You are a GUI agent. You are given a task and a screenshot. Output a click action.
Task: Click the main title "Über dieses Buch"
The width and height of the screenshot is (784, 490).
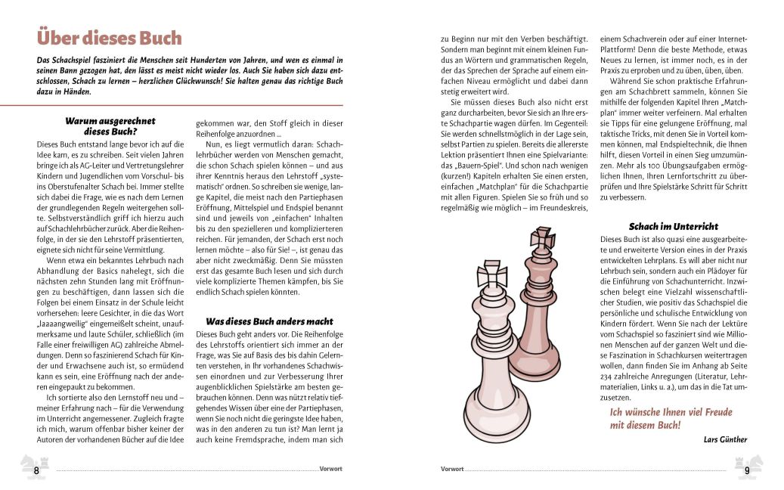(x=109, y=38)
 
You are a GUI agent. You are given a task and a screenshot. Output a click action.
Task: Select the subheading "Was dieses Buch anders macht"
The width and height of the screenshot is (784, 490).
(x=259, y=321)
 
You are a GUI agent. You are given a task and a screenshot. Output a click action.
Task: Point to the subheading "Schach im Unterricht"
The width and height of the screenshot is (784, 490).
(x=673, y=226)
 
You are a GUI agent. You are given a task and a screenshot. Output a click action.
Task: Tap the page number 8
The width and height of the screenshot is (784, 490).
(x=36, y=470)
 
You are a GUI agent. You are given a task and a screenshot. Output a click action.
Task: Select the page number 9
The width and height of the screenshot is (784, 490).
(x=746, y=470)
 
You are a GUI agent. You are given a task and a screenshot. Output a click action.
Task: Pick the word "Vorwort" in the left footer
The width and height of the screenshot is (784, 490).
(x=331, y=469)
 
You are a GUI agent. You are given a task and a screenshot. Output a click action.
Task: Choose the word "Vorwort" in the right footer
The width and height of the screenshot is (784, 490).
(x=452, y=469)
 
